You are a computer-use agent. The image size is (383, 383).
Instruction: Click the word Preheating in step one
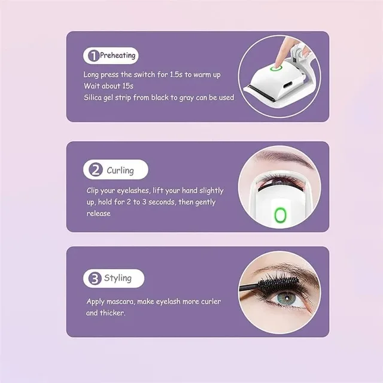117,56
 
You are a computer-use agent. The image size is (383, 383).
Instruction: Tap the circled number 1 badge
93,56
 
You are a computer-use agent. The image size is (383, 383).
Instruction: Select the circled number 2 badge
96,169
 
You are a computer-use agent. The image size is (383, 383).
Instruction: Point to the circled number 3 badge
95,278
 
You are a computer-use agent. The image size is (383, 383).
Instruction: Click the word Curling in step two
120,170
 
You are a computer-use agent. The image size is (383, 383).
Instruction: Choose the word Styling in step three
118,278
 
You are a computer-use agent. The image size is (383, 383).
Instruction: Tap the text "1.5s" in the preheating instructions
176,74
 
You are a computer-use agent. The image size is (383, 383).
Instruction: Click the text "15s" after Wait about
127,86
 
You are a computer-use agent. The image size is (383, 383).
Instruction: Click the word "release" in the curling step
98,214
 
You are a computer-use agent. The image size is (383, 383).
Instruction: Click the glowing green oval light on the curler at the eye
281,215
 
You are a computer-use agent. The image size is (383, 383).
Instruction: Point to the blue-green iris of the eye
287,299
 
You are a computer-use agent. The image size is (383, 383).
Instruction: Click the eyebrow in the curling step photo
285,157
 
